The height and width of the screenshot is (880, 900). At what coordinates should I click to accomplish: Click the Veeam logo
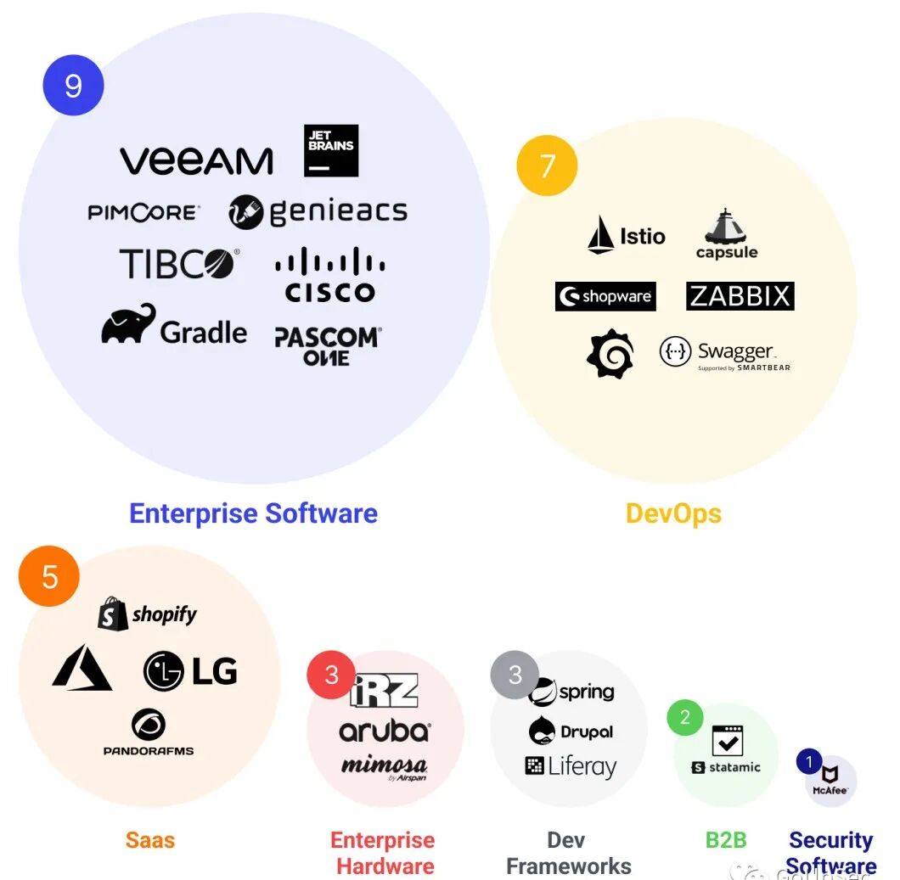click(x=196, y=160)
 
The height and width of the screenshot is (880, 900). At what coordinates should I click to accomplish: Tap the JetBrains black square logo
click(x=331, y=151)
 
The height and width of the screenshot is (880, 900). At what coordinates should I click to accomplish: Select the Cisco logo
click(x=329, y=275)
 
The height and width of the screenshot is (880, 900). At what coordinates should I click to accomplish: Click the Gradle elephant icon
click(x=129, y=324)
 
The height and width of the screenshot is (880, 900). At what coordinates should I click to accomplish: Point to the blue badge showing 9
click(x=74, y=85)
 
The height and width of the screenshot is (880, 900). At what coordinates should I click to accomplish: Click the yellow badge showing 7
click(x=547, y=165)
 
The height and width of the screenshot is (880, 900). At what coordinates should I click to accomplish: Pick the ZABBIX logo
click(x=740, y=296)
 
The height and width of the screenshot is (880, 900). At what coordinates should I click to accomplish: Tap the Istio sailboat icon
click(x=600, y=235)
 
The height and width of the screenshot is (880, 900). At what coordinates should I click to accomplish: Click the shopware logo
click(x=605, y=296)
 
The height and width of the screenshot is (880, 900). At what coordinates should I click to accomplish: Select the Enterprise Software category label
click(x=253, y=513)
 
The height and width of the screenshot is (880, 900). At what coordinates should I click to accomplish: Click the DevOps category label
click(x=673, y=513)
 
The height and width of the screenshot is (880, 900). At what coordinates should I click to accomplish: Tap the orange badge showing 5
click(x=49, y=576)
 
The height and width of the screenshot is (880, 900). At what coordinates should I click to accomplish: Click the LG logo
click(x=190, y=671)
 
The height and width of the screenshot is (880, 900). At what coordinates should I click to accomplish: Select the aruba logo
click(x=385, y=731)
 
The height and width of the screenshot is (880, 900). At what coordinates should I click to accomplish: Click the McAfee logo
click(x=830, y=779)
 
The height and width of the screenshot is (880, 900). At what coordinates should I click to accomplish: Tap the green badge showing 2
click(x=685, y=718)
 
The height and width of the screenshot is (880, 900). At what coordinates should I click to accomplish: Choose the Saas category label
click(x=150, y=840)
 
